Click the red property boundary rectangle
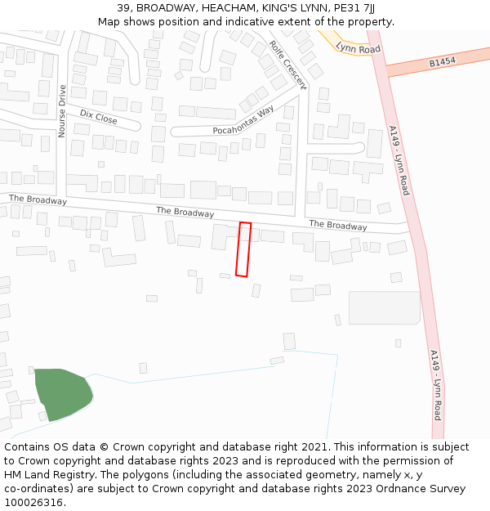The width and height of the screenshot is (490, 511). click(x=243, y=249)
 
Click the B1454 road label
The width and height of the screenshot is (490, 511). click(x=441, y=62)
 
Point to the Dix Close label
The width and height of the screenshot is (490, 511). click(x=98, y=118)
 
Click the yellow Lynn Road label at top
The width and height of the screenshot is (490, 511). click(x=358, y=48)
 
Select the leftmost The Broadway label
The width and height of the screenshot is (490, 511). click(x=38, y=199)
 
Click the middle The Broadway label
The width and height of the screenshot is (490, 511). click(x=185, y=213)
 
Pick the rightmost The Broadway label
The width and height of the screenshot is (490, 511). click(x=337, y=225)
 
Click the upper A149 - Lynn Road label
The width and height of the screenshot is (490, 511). click(x=399, y=159)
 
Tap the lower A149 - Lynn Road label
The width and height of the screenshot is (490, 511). click(x=436, y=384)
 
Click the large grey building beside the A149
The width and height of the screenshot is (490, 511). click(x=384, y=307)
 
